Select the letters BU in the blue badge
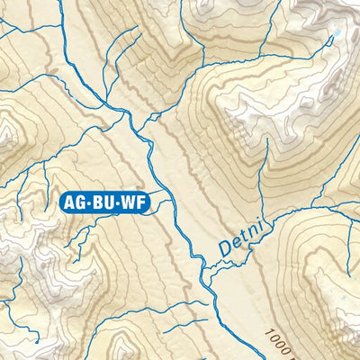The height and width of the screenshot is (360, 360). click(x=103, y=202)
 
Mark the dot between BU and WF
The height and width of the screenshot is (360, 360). click(x=115, y=202)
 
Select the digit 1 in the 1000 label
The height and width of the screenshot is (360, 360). click(x=270, y=334)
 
